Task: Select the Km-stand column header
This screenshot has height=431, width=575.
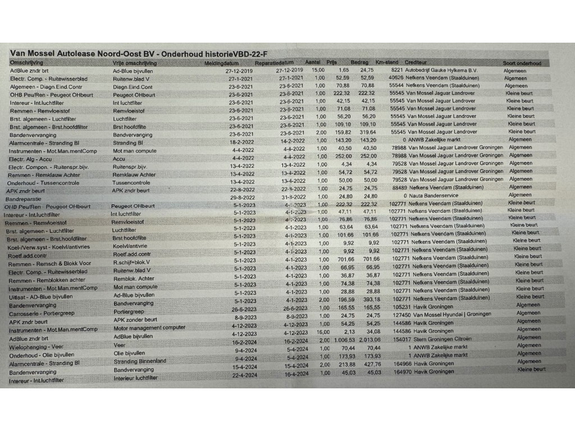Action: tap(387, 62)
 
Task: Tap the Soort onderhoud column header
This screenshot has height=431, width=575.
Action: tap(522, 63)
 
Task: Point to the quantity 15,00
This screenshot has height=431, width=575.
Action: tap(318, 70)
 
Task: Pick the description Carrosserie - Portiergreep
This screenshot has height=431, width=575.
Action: tap(43, 313)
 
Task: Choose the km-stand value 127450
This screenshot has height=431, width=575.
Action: tap(399, 315)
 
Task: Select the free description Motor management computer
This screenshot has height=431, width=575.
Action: tap(149, 328)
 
